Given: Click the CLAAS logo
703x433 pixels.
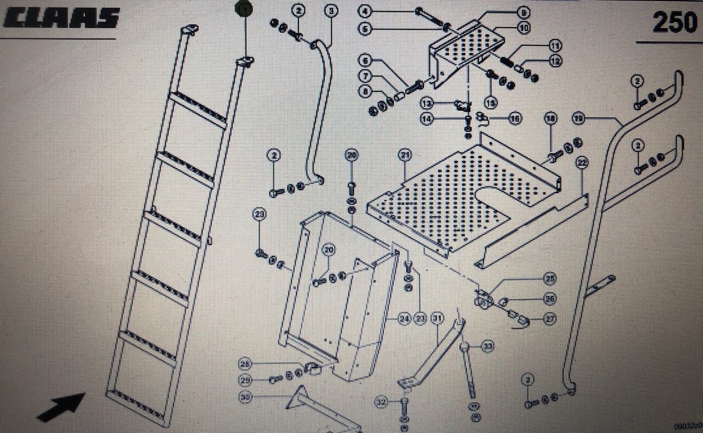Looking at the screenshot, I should click(x=62, y=18).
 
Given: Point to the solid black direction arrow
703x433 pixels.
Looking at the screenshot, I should click(x=61, y=407).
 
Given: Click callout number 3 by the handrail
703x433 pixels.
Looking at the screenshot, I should click(x=331, y=10).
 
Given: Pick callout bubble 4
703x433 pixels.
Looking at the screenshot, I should click(x=365, y=11).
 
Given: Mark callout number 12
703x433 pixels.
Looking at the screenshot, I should click(x=556, y=61).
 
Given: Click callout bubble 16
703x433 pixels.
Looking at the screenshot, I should click(x=515, y=118).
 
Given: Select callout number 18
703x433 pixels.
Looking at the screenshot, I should click(x=551, y=119).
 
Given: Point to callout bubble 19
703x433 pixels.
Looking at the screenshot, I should click(x=577, y=117).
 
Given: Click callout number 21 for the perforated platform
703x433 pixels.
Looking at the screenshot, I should click(x=405, y=156).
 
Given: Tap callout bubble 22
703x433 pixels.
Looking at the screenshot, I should click(x=582, y=162).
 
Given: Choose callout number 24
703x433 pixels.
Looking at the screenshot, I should click(x=405, y=318).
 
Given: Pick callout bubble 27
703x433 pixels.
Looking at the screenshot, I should click(x=550, y=318).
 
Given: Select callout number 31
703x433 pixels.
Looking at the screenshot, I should click(x=437, y=318).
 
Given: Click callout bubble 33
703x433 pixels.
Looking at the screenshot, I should click(x=488, y=346).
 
